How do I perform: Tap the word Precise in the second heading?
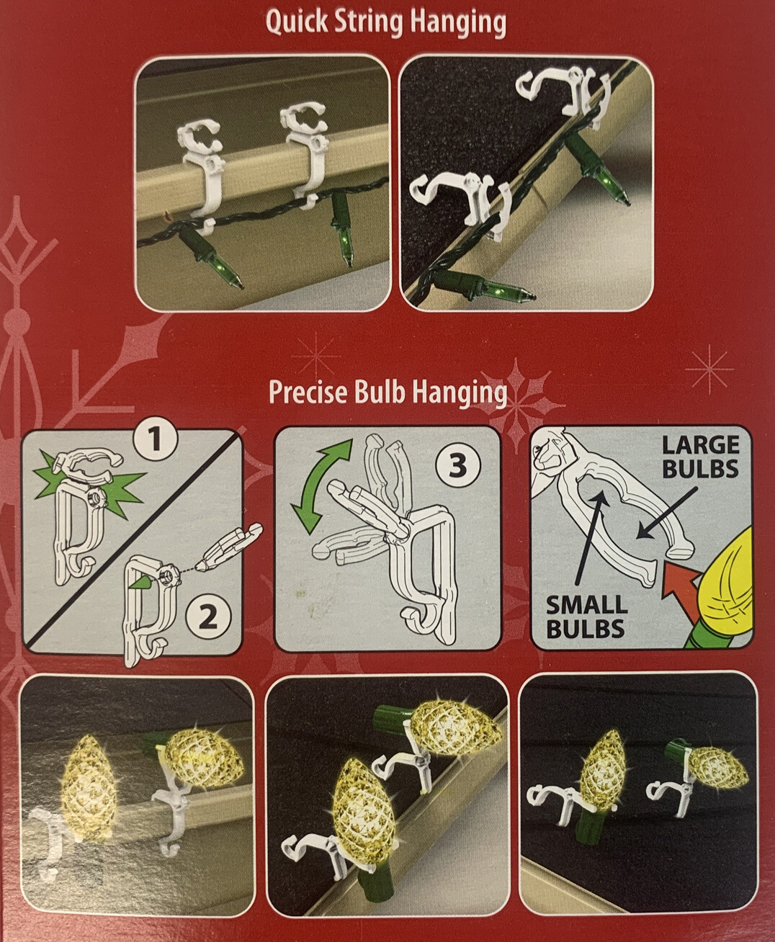tap(308, 392)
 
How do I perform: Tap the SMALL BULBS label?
tap(586, 616)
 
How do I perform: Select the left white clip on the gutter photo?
tap(195, 171)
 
